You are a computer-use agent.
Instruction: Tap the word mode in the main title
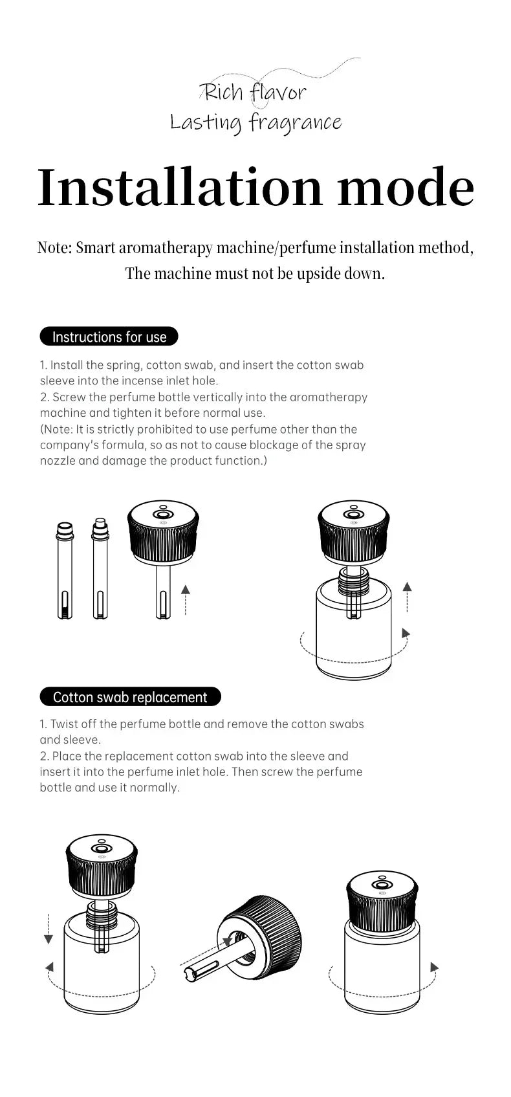[x=406, y=188]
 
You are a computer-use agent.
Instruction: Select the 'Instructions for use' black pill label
[x=109, y=337]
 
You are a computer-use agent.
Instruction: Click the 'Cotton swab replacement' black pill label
[x=130, y=697]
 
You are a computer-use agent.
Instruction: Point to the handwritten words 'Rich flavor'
[x=255, y=93]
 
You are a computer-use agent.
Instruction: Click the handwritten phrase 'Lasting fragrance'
[x=255, y=122]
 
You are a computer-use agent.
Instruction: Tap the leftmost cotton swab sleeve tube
[x=65, y=570]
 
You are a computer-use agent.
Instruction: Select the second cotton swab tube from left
[x=100, y=570]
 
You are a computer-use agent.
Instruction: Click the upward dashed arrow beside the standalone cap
[x=186, y=599]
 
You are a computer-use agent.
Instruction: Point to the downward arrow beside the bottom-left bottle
[x=49, y=929]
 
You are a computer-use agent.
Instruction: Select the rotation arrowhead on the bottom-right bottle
[x=434, y=968]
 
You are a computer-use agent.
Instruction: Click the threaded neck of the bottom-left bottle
[x=102, y=914]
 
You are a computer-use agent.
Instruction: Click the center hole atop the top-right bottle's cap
[x=353, y=513]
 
